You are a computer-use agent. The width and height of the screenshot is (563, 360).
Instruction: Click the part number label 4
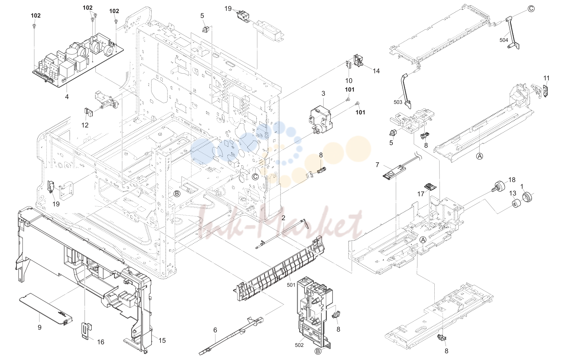point(67,96)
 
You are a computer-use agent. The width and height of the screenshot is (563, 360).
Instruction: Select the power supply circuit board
point(78,60)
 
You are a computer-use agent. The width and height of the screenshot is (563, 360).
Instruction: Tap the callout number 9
point(39,327)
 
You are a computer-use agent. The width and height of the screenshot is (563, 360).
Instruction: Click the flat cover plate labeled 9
point(46,309)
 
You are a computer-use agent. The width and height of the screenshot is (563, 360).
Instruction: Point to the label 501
point(291,285)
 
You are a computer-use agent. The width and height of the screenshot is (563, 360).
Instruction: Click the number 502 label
point(299,345)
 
